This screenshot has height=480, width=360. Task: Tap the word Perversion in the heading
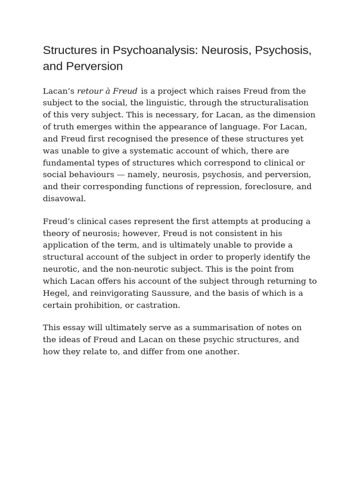94,66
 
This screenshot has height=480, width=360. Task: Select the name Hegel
54,293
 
